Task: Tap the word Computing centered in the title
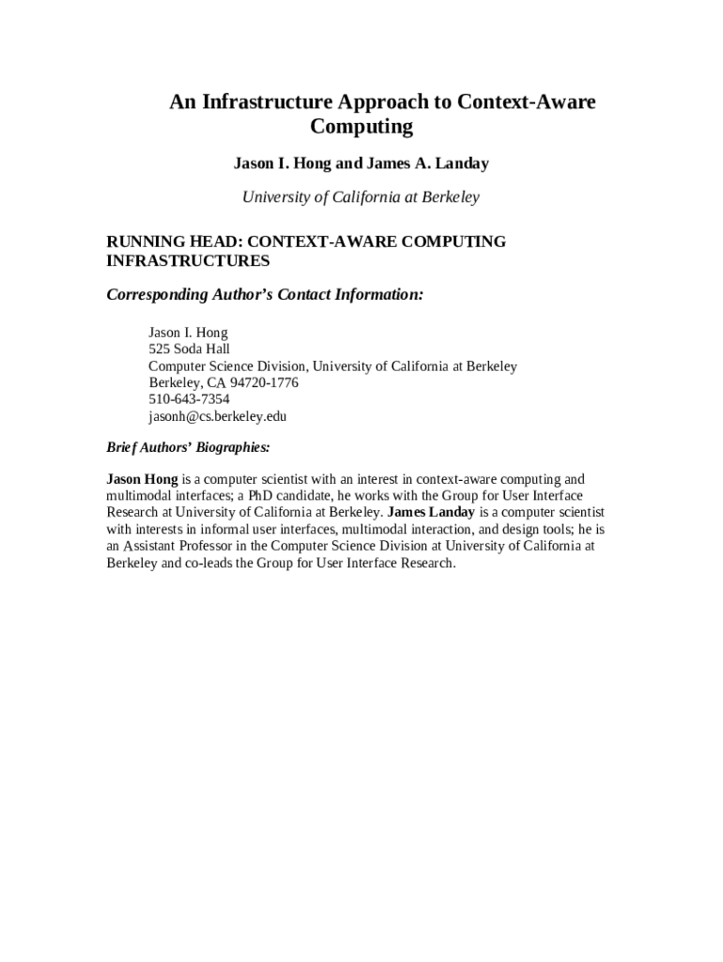(361, 126)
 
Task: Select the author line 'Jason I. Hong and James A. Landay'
(361, 163)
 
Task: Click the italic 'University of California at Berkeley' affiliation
(361, 197)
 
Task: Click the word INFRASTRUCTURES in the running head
(188, 260)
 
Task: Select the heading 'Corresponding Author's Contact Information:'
(265, 295)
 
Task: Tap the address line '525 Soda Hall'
(189, 349)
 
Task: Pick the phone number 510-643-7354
(189, 399)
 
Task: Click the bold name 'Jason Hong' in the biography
(142, 479)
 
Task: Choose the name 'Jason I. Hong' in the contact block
(188, 333)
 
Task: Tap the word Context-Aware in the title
(527, 101)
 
